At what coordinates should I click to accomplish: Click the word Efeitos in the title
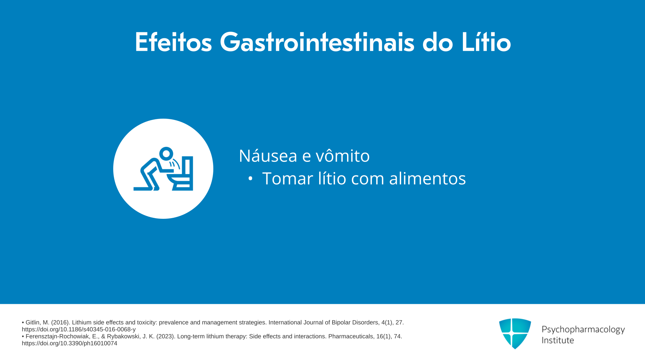click(173, 42)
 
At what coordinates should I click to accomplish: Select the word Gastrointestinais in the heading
click(317, 42)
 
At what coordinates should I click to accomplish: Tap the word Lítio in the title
click(486, 42)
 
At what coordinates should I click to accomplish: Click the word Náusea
click(268, 156)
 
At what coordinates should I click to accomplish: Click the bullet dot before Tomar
click(250, 178)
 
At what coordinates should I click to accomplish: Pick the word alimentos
click(427, 178)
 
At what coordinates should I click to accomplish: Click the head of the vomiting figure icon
click(166, 154)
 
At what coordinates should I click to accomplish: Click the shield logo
click(515, 333)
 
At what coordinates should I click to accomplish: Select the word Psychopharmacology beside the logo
click(583, 329)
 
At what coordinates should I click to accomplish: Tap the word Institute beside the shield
click(558, 340)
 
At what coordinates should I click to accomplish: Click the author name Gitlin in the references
click(33, 323)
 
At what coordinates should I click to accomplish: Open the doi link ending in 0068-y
click(79, 329)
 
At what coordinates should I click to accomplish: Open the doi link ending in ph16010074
click(70, 343)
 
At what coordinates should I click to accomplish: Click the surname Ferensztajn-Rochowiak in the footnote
click(61, 336)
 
